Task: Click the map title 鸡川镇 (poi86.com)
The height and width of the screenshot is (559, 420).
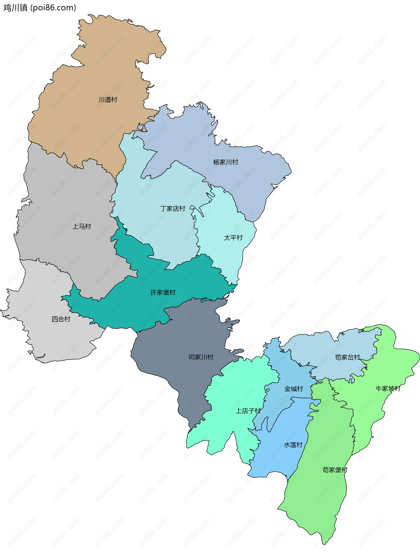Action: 40,8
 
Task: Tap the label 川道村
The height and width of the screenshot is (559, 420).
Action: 108,100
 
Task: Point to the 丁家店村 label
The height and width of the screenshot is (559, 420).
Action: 173,208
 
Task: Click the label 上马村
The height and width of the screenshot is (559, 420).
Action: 82,226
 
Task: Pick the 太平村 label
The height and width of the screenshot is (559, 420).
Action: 233,238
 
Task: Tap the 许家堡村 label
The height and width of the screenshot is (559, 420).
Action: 163,292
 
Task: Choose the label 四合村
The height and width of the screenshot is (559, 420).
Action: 61,319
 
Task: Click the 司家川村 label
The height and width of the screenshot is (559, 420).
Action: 201,357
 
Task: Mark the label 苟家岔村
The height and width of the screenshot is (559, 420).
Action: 347,357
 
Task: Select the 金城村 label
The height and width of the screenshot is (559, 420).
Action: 294,389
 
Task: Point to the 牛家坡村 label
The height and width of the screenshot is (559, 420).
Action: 388,388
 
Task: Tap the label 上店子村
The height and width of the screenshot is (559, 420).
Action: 248,411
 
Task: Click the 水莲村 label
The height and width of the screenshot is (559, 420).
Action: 293,445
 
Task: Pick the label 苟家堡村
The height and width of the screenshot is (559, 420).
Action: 335,470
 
